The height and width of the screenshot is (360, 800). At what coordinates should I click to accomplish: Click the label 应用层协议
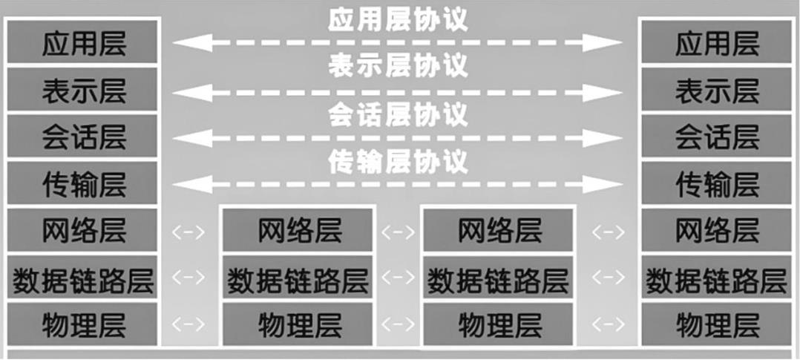click(398, 20)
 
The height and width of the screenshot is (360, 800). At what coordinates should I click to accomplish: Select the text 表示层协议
click(398, 67)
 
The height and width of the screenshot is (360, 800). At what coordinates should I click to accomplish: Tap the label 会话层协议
click(398, 115)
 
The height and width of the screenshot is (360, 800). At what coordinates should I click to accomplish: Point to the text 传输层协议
click(398, 162)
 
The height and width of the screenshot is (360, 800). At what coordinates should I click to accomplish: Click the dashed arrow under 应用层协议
click(398, 43)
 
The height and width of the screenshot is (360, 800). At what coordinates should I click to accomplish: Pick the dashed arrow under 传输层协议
click(398, 183)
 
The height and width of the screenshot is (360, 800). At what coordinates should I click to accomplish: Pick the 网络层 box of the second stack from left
click(298, 231)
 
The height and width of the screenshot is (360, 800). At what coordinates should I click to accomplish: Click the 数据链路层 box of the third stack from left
click(498, 279)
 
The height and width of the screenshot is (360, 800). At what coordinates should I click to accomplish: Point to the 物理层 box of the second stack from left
click(298, 324)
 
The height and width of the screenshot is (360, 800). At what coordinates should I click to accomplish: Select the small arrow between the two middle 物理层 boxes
click(398, 324)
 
